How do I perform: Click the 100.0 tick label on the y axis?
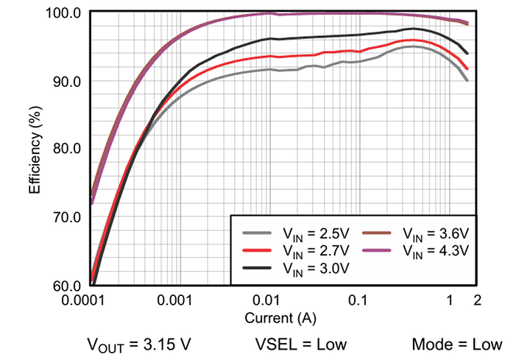(66, 13)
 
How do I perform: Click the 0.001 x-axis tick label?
(174, 301)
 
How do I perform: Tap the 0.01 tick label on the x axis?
(267, 301)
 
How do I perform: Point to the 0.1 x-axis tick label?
(358, 301)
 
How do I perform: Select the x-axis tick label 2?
(478, 301)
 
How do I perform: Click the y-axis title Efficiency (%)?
(35, 149)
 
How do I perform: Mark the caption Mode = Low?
(457, 344)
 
